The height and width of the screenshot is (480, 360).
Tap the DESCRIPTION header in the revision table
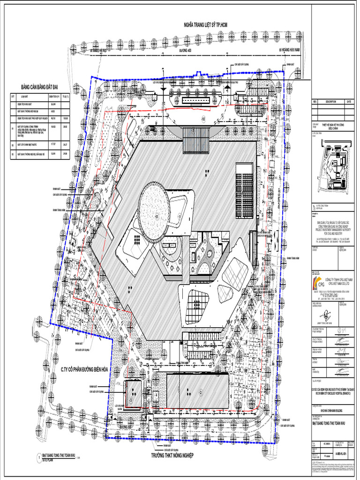(330, 101)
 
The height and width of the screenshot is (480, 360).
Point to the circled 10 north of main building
(203, 120)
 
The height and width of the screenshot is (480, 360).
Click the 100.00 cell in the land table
(65, 118)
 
